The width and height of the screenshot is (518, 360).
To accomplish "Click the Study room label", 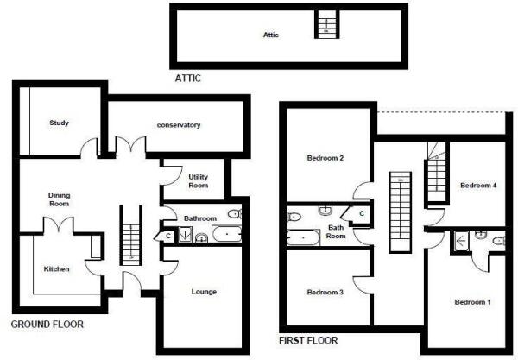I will pyautogui.click(x=59, y=123).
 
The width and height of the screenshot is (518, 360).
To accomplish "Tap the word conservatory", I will pyautogui.click(x=179, y=125).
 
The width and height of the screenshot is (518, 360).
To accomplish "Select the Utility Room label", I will pyautogui.click(x=199, y=180).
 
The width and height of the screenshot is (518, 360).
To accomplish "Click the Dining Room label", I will pyautogui.click(x=59, y=199).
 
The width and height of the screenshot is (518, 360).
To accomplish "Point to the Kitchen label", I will pyautogui.click(x=56, y=269).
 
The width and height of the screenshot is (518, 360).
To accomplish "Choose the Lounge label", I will pyautogui.click(x=204, y=292).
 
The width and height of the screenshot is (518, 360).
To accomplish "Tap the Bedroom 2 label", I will pyautogui.click(x=325, y=158).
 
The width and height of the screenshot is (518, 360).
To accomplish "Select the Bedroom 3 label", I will pyautogui.click(x=325, y=293).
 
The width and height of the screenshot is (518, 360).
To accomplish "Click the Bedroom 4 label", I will pyautogui.click(x=477, y=186).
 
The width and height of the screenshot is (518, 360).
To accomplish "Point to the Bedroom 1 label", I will pyautogui.click(x=472, y=302).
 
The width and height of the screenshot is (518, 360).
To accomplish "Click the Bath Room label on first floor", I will pyautogui.click(x=336, y=231).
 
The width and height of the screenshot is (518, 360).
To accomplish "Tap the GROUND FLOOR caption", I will pyautogui.click(x=47, y=325).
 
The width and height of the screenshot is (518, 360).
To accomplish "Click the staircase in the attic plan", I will pyautogui.click(x=326, y=23).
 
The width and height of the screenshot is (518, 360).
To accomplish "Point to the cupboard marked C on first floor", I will pyautogui.click(x=361, y=212).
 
